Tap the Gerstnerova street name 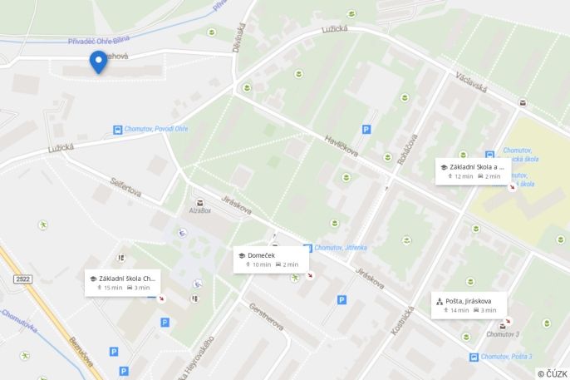coord(266,316)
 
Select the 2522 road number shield coord(22,279)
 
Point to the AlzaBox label coord(199,211)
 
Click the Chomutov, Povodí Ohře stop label coord(157,129)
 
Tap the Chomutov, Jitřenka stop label coord(341,248)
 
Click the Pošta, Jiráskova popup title coord(469,300)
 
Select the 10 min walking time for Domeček coord(261,264)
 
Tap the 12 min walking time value coord(463,176)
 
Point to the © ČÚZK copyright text coord(552,373)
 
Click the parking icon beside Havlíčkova coord(366,129)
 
